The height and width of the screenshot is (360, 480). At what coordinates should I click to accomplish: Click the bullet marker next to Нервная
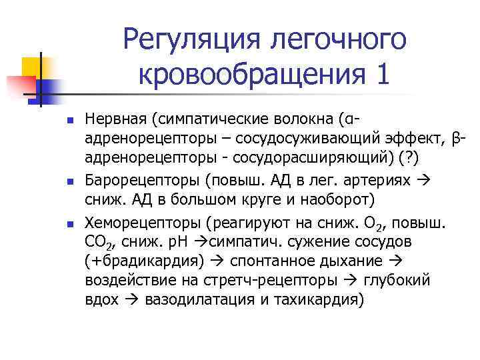point(69,121)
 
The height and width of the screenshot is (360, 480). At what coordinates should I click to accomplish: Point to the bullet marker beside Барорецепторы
point(69,179)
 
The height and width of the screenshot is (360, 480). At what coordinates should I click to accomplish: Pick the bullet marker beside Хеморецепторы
point(69,221)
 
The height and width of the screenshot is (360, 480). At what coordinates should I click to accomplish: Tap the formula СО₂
point(101,241)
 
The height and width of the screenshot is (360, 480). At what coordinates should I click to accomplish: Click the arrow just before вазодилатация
point(128,299)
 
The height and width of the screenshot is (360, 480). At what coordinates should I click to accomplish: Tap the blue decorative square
point(49,88)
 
